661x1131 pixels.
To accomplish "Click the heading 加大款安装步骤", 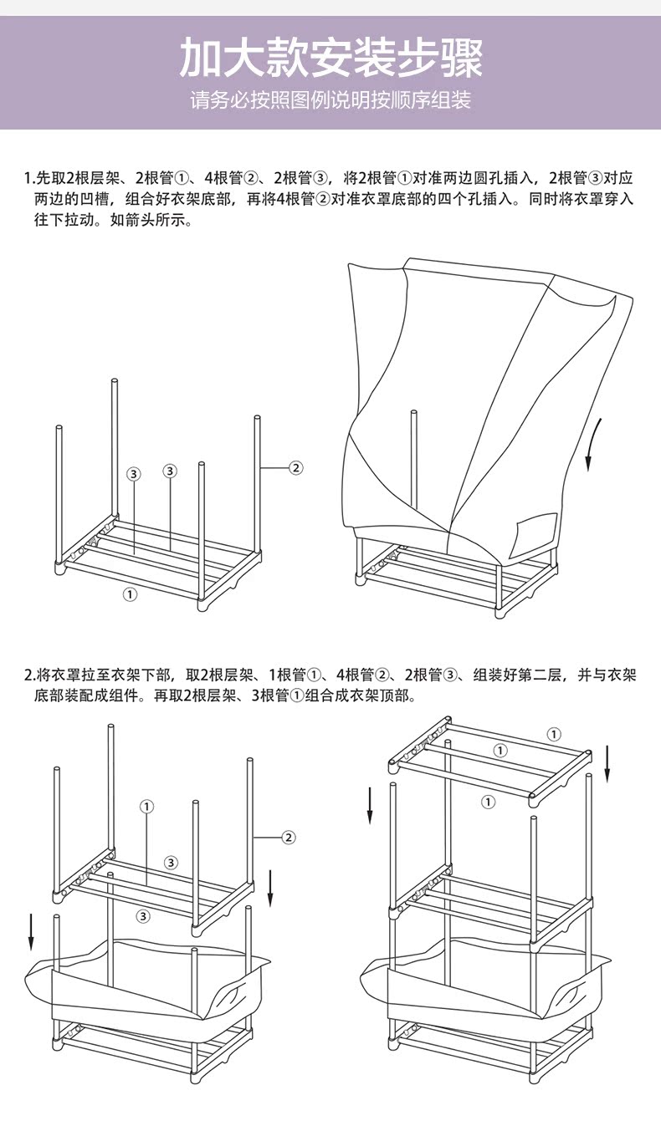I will point(330,58).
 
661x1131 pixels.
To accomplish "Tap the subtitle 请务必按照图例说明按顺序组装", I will point(330,101).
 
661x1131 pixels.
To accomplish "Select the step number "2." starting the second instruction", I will point(28,675).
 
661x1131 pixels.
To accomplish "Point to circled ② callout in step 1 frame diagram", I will point(295,467).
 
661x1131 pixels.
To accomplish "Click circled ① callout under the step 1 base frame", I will point(130,594).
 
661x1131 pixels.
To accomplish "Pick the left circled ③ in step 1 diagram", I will point(134,474).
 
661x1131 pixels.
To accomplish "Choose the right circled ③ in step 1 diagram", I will point(170,471).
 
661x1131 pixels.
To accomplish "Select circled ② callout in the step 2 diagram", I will point(288,837).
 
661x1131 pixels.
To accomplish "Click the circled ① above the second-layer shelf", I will point(147,807).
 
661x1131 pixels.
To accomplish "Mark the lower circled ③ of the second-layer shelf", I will point(143,916).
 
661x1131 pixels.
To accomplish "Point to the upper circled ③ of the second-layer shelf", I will point(171,862).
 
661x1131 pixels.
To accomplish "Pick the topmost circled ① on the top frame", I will point(554,735).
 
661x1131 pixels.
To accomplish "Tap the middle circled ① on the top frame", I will point(500,751).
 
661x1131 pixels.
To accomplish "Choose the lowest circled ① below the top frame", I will point(489,802).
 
